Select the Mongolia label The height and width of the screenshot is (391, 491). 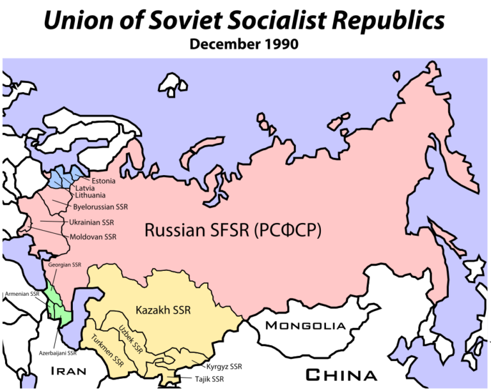pos(305,326)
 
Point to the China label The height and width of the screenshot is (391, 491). pos(340,374)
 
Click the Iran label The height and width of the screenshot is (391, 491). pos(68,371)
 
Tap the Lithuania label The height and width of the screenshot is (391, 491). pos(90,196)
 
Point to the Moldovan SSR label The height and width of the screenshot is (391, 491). pos(93,236)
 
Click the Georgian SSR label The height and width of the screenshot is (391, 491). pos(65,264)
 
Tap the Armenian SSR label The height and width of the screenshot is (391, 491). pos(21,294)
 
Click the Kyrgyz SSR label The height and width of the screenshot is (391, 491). pos(224,367)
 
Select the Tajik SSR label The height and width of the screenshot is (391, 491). pos(209,379)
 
